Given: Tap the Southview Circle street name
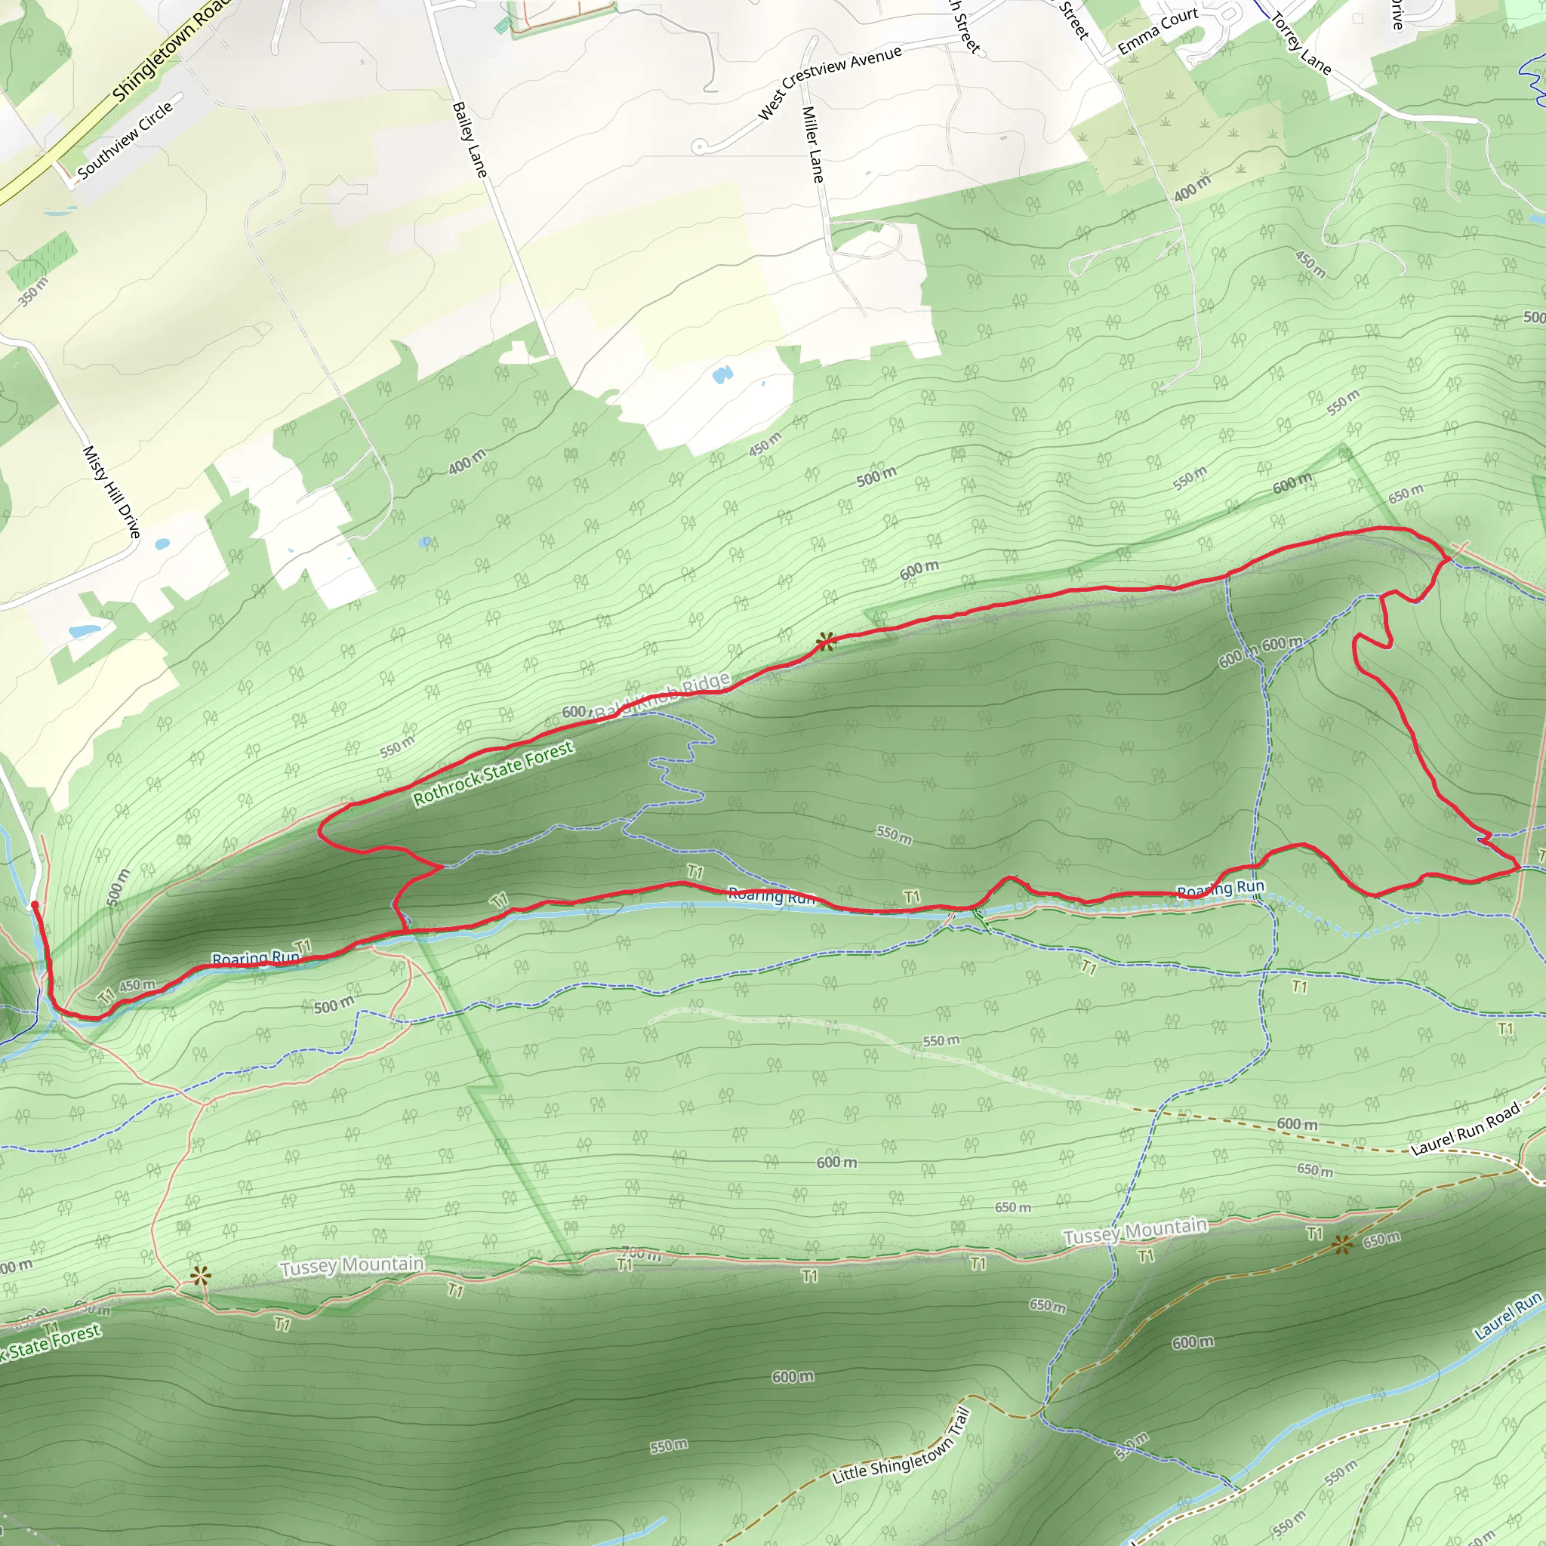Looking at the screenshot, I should tap(125, 140).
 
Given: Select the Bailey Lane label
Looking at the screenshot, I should tap(470, 139).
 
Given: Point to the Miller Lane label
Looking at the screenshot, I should tap(812, 144).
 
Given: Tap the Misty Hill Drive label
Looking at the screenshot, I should tap(112, 491).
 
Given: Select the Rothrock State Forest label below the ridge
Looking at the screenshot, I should tap(493, 772).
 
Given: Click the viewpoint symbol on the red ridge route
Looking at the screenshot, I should tap(826, 641).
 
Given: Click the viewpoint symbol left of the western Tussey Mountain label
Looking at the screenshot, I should tap(200, 1276).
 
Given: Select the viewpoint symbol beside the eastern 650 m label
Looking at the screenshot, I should tap(1344, 1244).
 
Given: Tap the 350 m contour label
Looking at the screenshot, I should tap(34, 292).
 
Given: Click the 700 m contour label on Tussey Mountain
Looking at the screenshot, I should tap(641, 1254).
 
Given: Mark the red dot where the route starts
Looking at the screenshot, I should tap(35, 905).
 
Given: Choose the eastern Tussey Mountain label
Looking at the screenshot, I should tap(1135, 1230).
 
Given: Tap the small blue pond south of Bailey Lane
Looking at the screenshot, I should tap(722, 374).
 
